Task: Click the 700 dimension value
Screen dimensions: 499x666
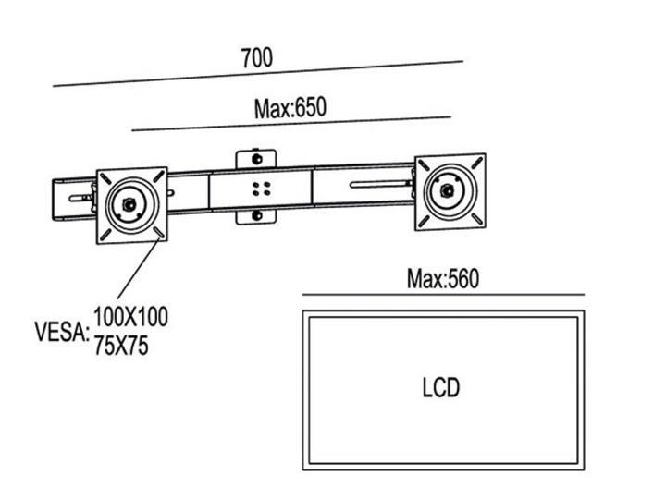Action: pos(256,57)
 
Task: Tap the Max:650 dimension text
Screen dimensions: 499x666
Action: pos(290,107)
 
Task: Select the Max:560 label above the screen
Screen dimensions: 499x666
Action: pos(443,278)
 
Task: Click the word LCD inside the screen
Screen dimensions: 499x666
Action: pos(440,387)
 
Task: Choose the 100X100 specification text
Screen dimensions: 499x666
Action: pos(130,318)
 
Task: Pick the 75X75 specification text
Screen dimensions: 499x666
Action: pos(121,347)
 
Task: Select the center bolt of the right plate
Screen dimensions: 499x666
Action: pos(450,191)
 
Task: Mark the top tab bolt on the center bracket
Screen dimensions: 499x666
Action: pos(255,159)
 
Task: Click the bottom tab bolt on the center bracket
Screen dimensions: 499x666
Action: pos(256,217)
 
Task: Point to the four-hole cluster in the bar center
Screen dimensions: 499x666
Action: pos(260,189)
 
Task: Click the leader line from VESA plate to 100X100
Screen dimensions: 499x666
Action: pos(139,277)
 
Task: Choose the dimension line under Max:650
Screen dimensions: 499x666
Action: pos(290,124)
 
